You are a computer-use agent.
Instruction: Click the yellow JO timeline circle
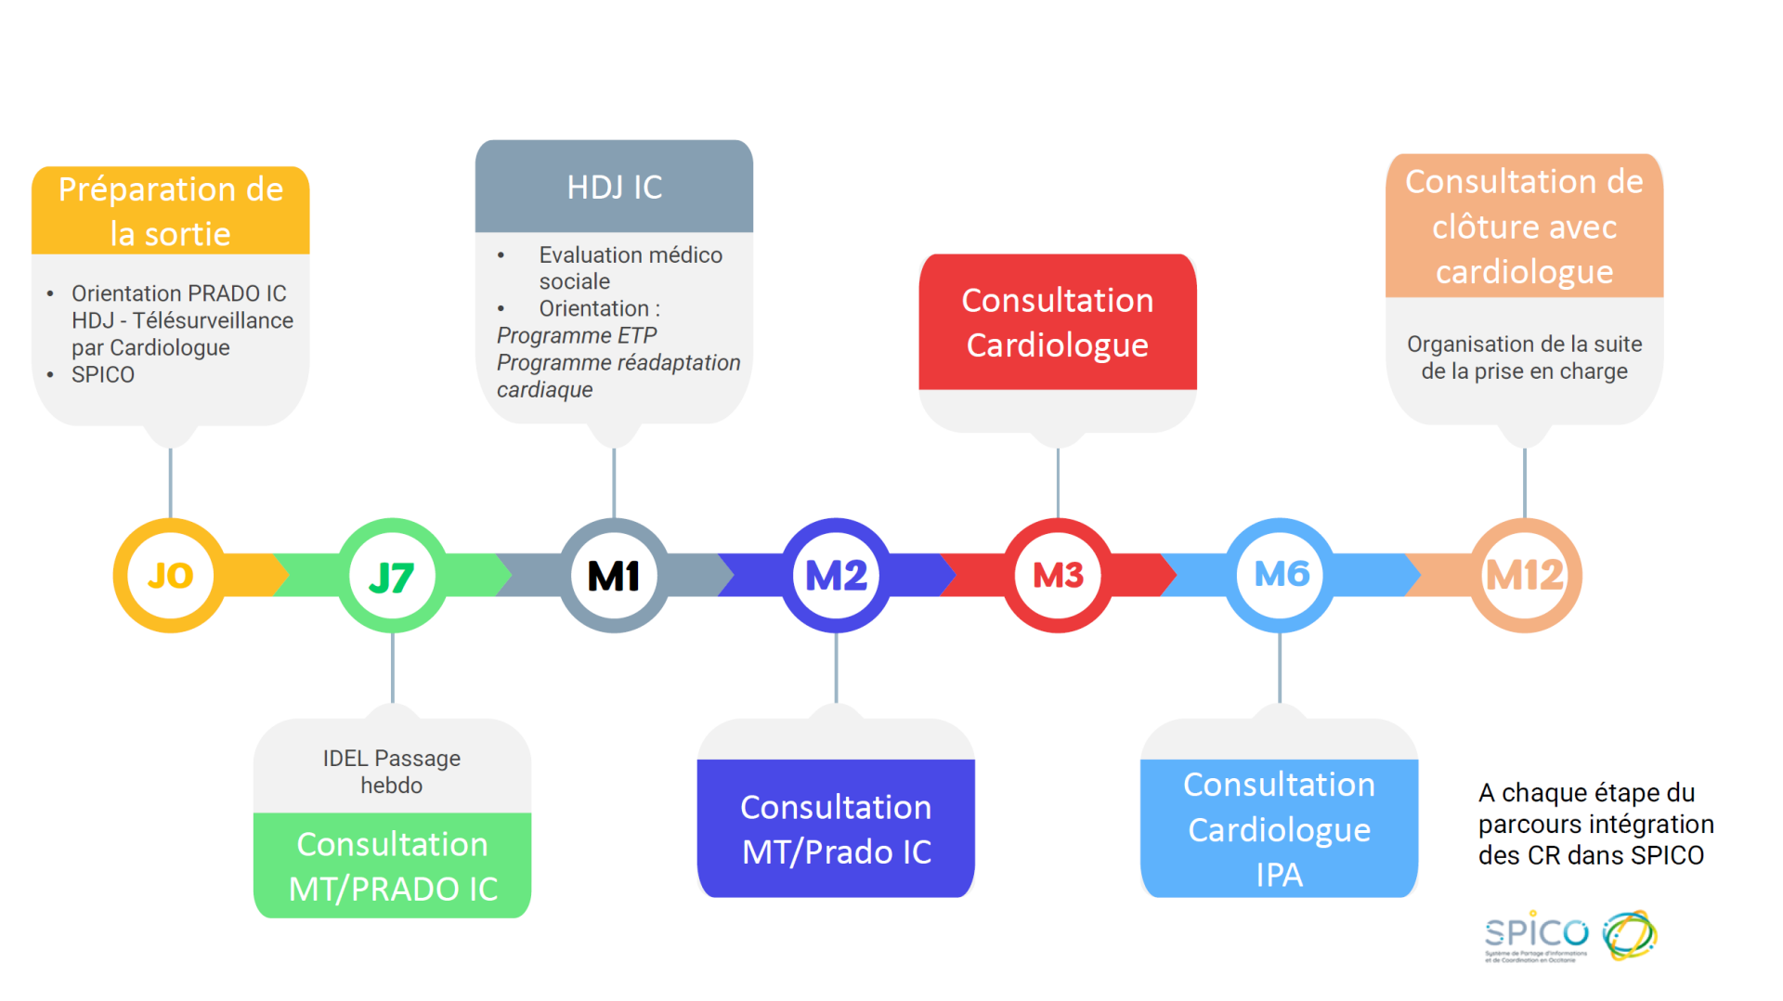tap(170, 576)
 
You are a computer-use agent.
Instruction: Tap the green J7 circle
tap(392, 577)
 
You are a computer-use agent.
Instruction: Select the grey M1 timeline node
tap(614, 576)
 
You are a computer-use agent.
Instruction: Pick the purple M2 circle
tap(836, 576)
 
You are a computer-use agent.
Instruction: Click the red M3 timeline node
tap(1058, 576)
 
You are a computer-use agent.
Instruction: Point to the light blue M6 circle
tap(1281, 575)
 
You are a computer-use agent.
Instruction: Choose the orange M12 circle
tap(1525, 576)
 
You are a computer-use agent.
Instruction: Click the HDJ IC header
tap(614, 187)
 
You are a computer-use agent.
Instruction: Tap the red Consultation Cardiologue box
tap(1057, 322)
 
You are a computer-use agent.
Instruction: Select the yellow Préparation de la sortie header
tap(170, 211)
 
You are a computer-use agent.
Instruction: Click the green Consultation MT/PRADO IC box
tap(392, 865)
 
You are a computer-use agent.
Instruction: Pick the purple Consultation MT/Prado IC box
tap(836, 828)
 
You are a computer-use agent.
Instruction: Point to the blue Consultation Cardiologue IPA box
tap(1279, 828)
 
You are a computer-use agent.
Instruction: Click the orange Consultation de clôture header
tap(1524, 227)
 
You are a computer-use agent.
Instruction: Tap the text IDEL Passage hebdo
tap(392, 772)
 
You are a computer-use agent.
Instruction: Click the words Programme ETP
tap(577, 335)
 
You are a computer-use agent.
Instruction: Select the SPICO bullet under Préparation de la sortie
tap(103, 374)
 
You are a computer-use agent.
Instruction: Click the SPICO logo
tap(1570, 936)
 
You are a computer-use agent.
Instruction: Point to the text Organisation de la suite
tap(1524, 344)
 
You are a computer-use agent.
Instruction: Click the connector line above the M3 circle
tap(1058, 483)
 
